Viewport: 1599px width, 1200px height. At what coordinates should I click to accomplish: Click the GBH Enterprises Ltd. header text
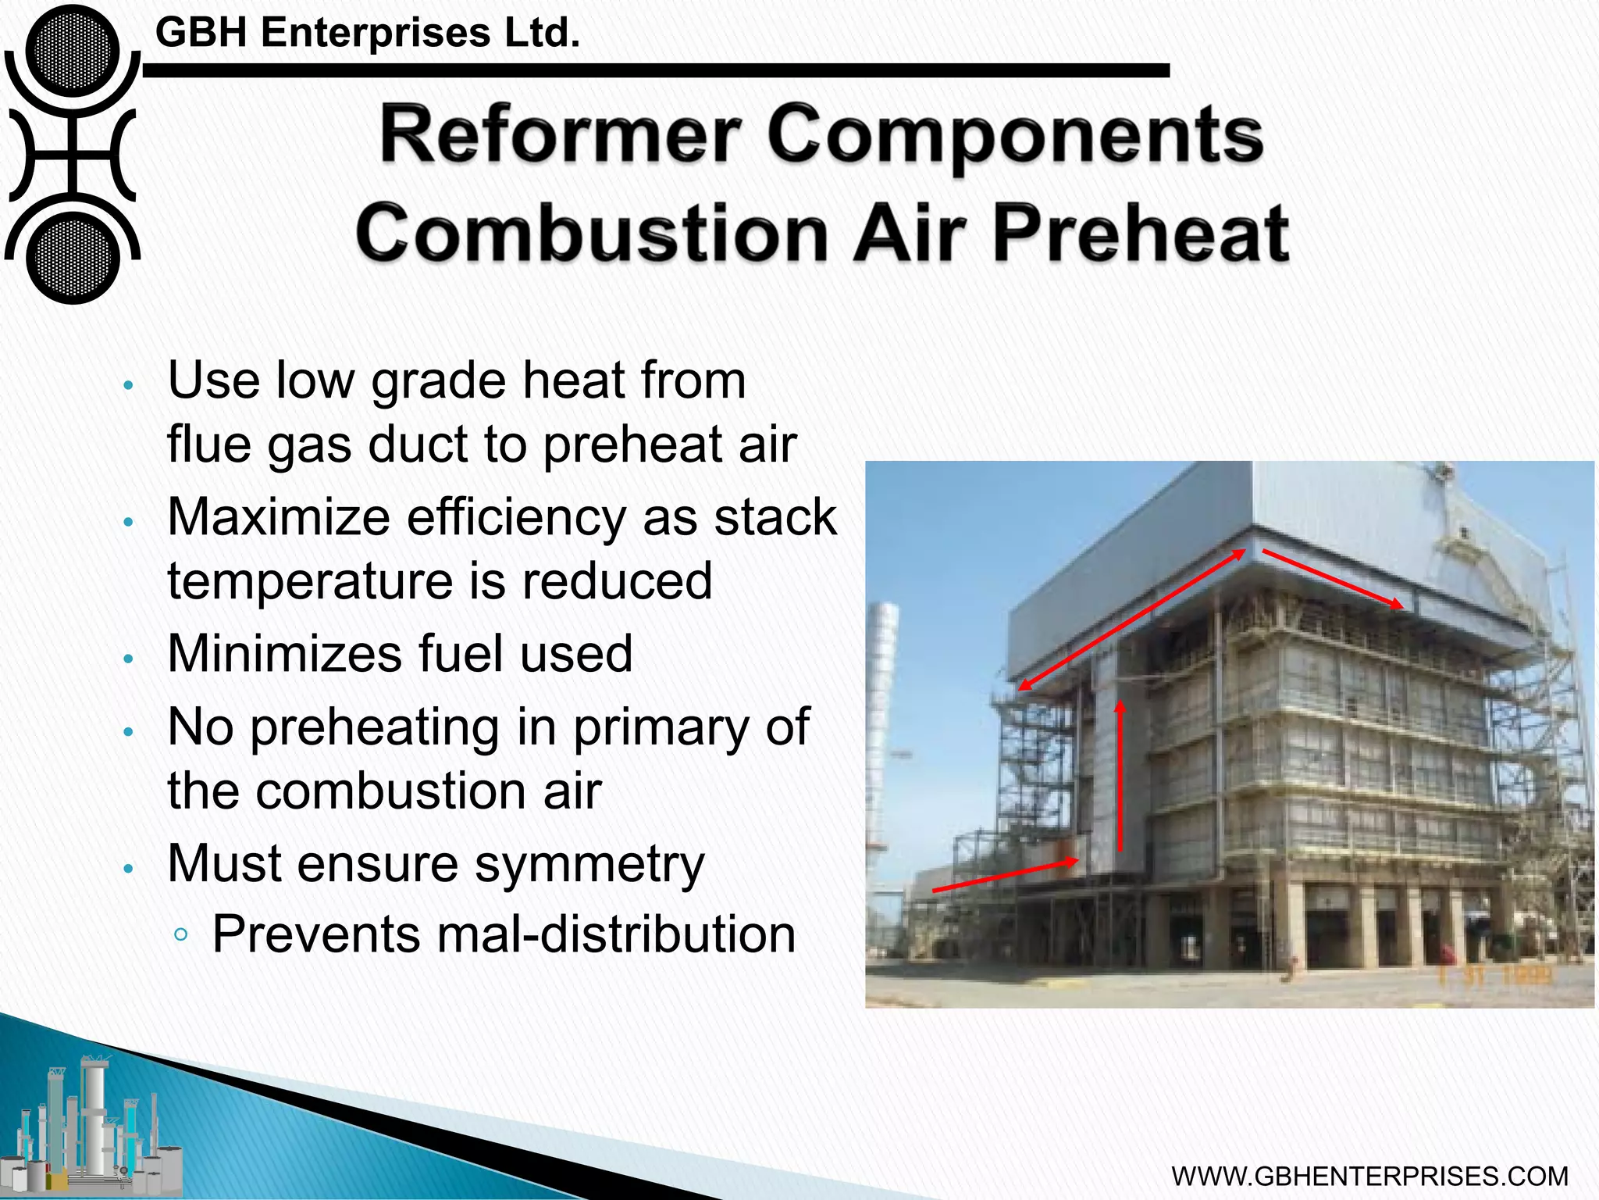[368, 33]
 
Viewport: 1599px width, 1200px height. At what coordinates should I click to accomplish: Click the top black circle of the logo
[73, 51]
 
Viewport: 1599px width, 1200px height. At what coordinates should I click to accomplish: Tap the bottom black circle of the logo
[73, 258]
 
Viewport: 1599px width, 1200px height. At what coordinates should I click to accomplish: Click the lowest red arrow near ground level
[1006, 875]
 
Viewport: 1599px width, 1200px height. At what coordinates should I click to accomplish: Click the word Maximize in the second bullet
[279, 517]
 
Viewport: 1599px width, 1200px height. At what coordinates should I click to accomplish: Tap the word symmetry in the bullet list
[589, 864]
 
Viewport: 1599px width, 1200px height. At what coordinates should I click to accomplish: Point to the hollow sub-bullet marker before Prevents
[181, 934]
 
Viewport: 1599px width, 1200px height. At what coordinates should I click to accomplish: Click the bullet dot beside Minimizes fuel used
[130, 659]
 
